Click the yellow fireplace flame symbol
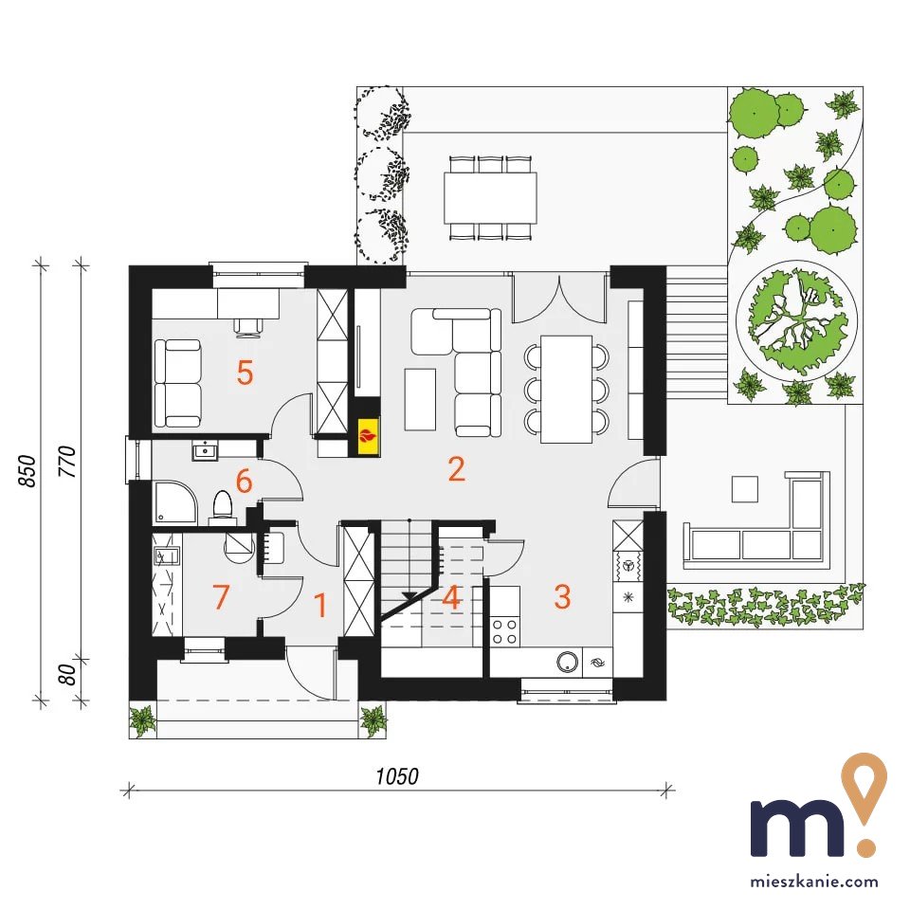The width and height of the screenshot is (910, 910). click(x=368, y=435)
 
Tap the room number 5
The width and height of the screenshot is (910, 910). click(x=245, y=372)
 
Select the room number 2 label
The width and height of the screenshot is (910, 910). click(x=457, y=469)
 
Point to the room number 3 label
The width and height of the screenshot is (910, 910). click(x=562, y=596)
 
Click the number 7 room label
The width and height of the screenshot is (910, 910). click(x=221, y=596)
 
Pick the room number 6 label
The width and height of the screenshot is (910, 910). click(x=244, y=482)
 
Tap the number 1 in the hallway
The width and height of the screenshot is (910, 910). click(x=319, y=605)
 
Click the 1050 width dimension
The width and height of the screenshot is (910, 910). click(x=397, y=776)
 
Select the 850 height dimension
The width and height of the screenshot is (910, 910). click(x=27, y=471)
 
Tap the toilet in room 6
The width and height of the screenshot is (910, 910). click(x=222, y=506)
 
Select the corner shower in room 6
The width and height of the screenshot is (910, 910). click(x=174, y=502)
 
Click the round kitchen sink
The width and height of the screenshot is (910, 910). click(x=568, y=662)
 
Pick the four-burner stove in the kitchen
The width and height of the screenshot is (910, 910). click(x=504, y=631)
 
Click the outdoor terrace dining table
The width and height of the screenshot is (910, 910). click(x=490, y=197)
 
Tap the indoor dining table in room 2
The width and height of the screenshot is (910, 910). click(x=567, y=389)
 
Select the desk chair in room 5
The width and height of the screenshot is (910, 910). click(x=248, y=326)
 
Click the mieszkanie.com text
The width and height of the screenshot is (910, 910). click(x=814, y=882)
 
